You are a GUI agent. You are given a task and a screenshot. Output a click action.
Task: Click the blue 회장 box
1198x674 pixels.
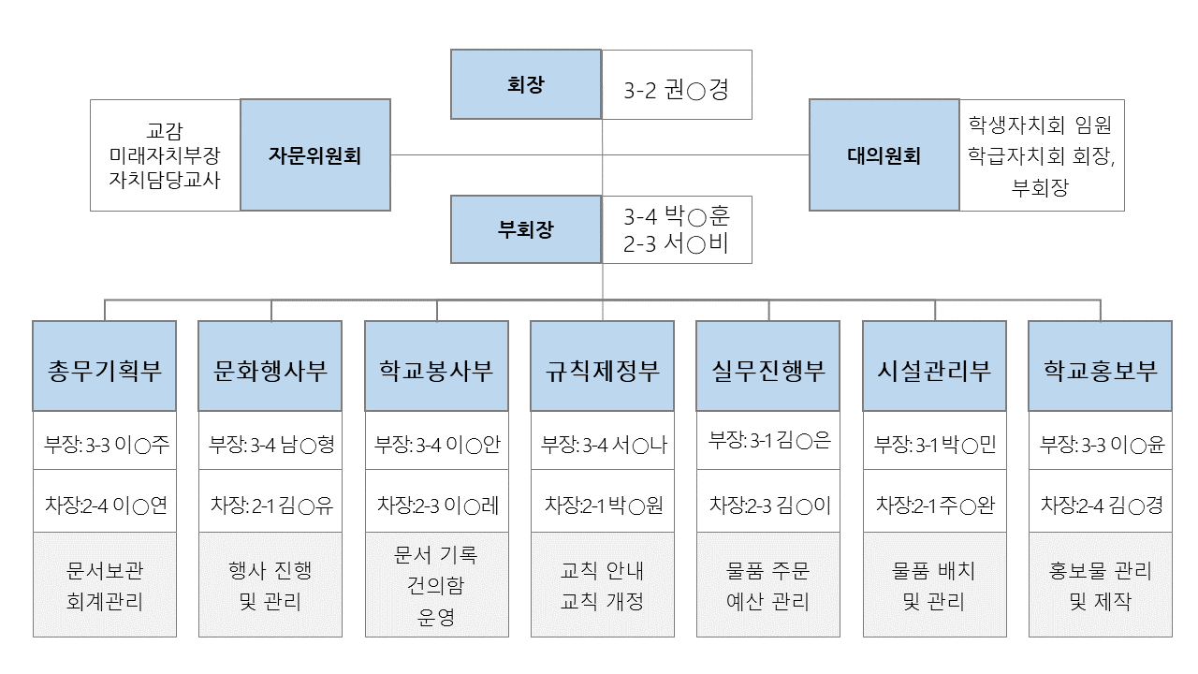pos(525,84)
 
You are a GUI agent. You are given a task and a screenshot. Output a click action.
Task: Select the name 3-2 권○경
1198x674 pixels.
pos(676,90)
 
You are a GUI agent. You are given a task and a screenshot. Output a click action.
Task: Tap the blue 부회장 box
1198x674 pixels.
pos(525,229)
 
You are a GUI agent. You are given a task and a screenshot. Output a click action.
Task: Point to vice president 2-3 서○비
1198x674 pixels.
pos(676,245)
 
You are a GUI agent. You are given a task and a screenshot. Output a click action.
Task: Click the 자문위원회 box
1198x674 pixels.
pos(315,155)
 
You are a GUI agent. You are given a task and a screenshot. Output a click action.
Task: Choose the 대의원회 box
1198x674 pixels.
pos(884,155)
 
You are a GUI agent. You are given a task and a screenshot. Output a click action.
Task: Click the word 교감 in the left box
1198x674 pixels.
pos(165,129)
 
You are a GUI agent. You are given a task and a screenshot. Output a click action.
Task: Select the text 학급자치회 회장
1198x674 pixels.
pos(1041,155)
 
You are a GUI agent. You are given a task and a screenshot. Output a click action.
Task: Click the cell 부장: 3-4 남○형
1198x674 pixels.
pos(270,444)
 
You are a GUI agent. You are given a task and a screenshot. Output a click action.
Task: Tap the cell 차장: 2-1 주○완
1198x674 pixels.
pos(934,505)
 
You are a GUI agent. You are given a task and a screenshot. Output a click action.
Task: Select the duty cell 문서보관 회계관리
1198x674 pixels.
pos(104,585)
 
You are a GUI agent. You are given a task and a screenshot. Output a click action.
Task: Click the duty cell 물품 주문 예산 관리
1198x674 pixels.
pos(768,585)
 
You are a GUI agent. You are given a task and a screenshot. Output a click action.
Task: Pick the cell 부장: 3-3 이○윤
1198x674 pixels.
pos(1100,444)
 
